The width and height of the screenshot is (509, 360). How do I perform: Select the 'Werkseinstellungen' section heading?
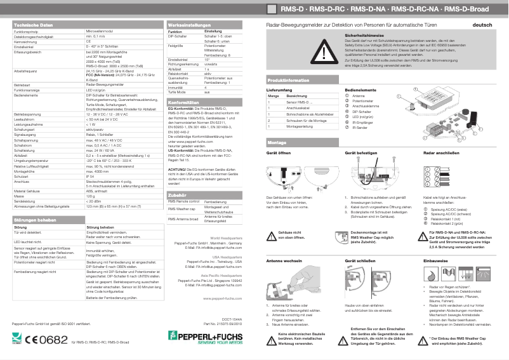(189, 24)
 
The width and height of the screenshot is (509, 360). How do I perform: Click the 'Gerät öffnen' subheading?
(279, 154)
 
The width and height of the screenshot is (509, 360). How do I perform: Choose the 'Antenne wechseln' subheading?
(283, 261)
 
